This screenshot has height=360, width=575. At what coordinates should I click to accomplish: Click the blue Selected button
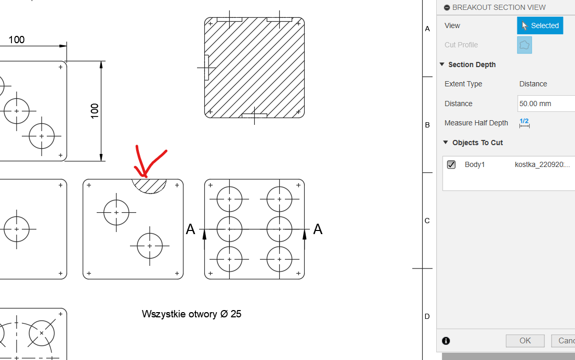pyautogui.click(x=540, y=25)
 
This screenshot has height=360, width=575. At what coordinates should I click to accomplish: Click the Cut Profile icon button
pyautogui.click(x=525, y=45)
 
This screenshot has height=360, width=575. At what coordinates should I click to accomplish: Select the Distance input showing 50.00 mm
pyautogui.click(x=546, y=104)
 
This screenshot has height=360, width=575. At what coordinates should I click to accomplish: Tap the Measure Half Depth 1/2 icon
pyautogui.click(x=525, y=123)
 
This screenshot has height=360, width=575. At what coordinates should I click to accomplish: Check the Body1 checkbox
pyautogui.click(x=451, y=164)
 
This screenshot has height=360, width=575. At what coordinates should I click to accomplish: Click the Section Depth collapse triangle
pyautogui.click(x=442, y=64)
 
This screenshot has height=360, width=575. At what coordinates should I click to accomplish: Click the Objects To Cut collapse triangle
pyautogui.click(x=446, y=143)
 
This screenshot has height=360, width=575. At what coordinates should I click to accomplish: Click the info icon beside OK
pyautogui.click(x=446, y=341)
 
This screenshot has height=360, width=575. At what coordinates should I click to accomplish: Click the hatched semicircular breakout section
pyautogui.click(x=149, y=186)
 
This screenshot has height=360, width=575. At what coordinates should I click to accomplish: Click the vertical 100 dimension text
pyautogui.click(x=95, y=111)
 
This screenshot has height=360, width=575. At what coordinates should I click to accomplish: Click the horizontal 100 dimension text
pyautogui.click(x=17, y=40)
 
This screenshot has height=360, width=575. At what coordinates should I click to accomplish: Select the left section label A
pyautogui.click(x=190, y=229)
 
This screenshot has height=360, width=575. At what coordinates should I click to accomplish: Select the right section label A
pyautogui.click(x=318, y=229)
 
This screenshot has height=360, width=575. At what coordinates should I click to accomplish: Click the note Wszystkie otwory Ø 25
pyautogui.click(x=191, y=314)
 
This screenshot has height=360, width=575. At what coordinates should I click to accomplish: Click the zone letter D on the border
pyautogui.click(x=427, y=316)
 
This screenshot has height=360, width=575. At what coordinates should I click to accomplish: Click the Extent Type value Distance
pyautogui.click(x=533, y=84)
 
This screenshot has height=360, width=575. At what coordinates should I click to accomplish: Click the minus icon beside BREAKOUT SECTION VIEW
pyautogui.click(x=447, y=8)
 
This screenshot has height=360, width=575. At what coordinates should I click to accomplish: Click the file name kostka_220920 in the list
pyautogui.click(x=542, y=164)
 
